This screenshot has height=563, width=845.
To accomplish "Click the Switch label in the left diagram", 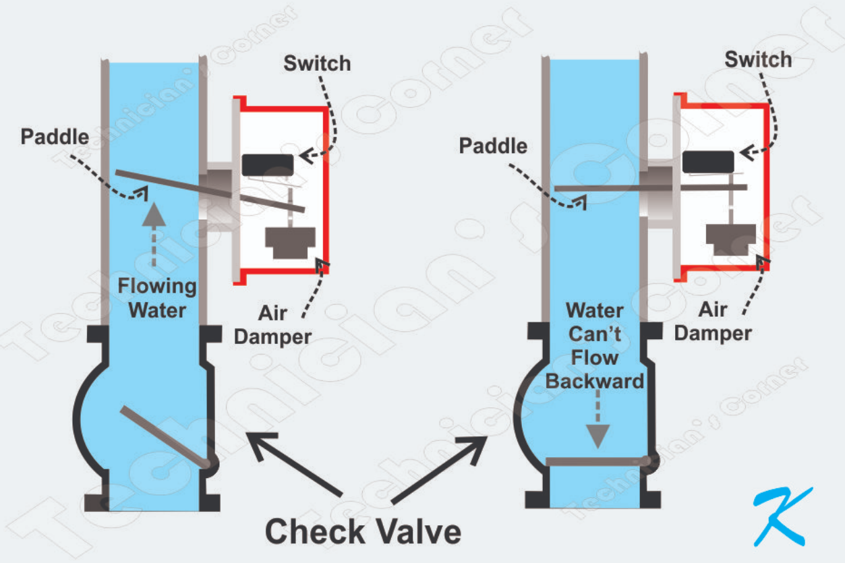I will pos(317,64).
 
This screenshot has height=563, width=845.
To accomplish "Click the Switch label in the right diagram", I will pos(758,60).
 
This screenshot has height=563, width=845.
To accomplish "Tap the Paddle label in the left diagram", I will pos(55,137).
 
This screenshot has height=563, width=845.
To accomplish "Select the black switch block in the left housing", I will pos(267,165).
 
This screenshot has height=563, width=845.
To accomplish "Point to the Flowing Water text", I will pos(156,298).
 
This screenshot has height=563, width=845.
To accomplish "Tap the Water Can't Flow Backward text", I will pos(594,346).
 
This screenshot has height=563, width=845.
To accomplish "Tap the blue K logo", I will pos(782,516).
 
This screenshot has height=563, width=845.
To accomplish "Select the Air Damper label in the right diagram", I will pos(713,321).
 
